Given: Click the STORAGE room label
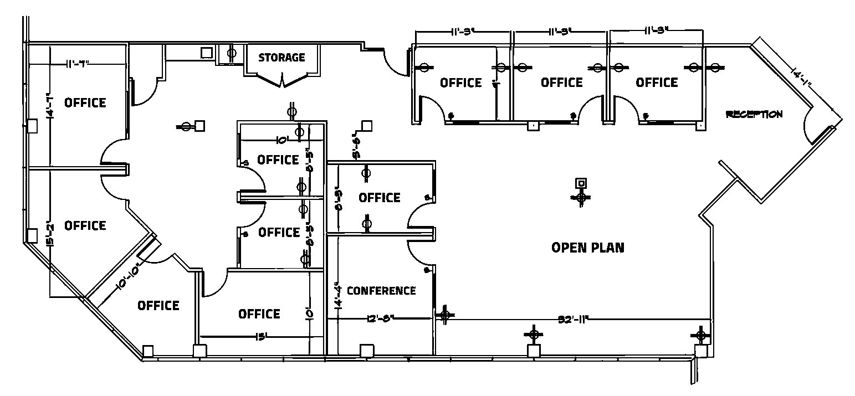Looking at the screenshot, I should tap(281, 57).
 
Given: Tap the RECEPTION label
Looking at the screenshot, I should tap(754, 114).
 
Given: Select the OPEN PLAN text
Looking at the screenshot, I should tap(588, 247).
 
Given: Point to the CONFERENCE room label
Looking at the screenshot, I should tap(381, 291).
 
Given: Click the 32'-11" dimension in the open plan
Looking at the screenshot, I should tap(572, 319).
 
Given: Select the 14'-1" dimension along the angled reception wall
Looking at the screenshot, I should tap(802, 78).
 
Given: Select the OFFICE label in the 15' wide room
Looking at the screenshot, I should tap(259, 314).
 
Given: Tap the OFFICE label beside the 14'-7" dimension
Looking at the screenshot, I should tap(85, 102).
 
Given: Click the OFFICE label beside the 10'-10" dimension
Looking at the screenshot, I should tap(158, 305).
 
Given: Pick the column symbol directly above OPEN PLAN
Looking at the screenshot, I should tap(581, 191).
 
